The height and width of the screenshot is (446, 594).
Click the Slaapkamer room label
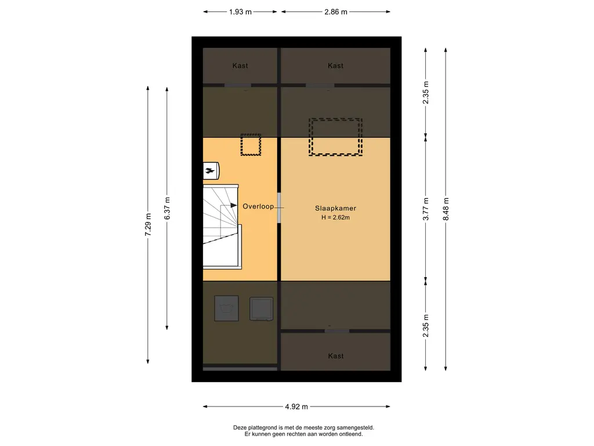tap(335, 208)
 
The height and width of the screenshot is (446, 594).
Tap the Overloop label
tap(258, 206)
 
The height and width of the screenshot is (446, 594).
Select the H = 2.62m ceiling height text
tap(335, 218)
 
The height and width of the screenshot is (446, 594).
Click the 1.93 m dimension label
tap(240, 12)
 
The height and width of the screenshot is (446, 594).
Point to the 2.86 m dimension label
tap(336, 12)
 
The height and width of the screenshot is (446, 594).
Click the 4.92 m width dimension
tap(296, 407)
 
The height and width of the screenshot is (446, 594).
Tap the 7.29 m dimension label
tap(148, 225)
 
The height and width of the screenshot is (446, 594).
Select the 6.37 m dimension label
tap(167, 208)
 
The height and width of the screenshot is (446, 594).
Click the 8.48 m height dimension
tap(446, 209)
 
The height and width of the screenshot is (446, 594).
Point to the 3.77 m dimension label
tap(426, 209)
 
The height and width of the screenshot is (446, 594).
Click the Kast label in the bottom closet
tap(336, 356)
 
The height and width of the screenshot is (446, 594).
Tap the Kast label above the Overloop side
tap(240, 66)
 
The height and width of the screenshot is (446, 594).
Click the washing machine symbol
tap(227, 308)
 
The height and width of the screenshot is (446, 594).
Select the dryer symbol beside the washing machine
tap(262, 309)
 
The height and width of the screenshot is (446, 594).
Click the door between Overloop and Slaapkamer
tap(279, 208)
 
